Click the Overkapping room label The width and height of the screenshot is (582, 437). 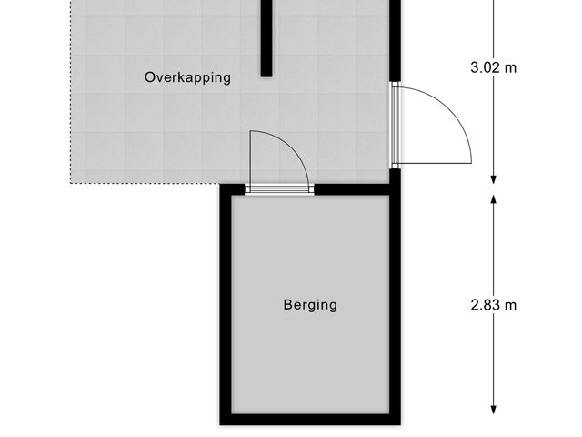[x=187, y=77]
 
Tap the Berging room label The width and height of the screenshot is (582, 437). [x=309, y=305]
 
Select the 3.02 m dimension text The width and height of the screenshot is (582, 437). [x=494, y=66]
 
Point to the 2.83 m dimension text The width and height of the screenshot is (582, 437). [x=494, y=305]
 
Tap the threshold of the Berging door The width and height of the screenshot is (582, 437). [x=279, y=189]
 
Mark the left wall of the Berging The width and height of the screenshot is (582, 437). [x=225, y=305]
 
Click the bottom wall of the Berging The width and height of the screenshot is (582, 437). [x=309, y=420]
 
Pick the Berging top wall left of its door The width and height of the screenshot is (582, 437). [x=234, y=189]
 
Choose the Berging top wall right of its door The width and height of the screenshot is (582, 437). [x=355, y=189]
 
